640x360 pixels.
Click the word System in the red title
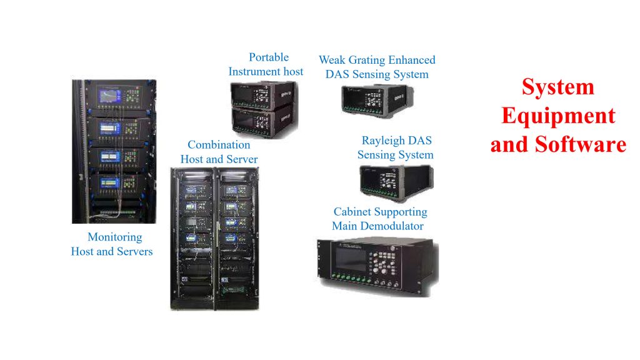558,87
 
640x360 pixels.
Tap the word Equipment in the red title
558,116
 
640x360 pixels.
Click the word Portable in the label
269,57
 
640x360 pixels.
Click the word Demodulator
394,226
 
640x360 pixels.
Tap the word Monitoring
114,237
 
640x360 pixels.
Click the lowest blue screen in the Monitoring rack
109,182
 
